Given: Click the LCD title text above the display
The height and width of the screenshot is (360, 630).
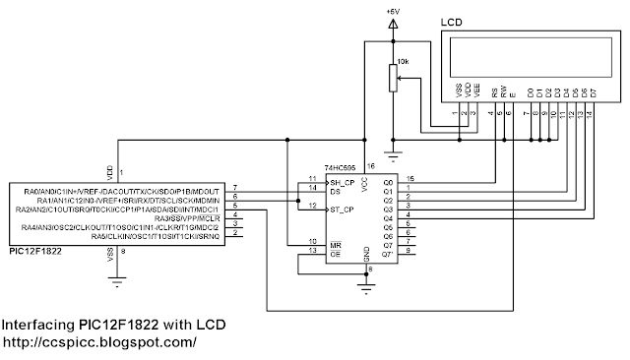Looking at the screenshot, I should [x=452, y=21].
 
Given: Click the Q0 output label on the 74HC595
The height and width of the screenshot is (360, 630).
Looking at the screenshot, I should [x=388, y=182].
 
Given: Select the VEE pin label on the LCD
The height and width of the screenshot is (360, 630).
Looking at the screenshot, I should [x=475, y=92].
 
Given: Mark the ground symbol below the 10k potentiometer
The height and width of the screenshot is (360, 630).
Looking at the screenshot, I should [x=394, y=154].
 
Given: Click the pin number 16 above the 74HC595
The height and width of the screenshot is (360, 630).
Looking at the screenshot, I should [x=371, y=168].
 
